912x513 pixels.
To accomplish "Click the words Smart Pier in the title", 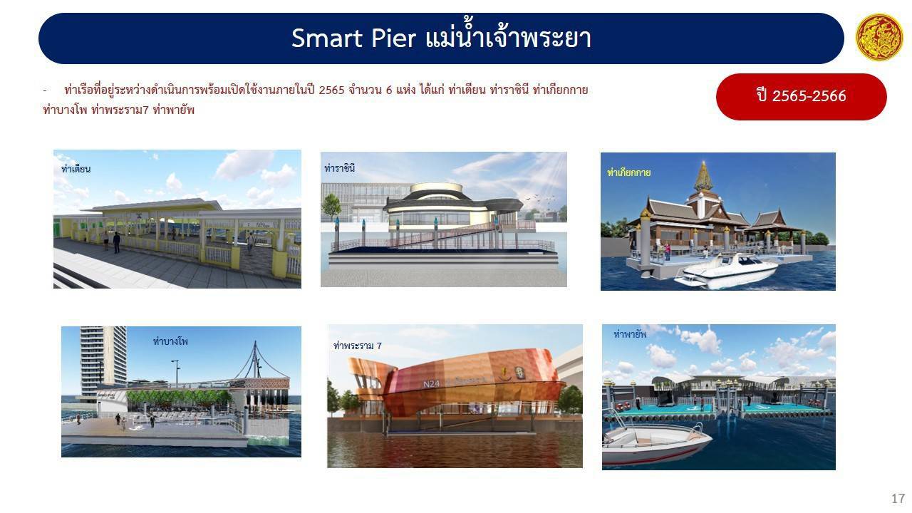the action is (353, 38).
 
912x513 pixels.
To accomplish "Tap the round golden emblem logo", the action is (879, 37).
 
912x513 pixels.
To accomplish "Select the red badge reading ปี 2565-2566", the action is (802, 96).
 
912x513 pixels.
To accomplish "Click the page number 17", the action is (898, 498).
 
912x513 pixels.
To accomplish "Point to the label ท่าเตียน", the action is (76, 169).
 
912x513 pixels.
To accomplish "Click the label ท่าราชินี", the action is (340, 167).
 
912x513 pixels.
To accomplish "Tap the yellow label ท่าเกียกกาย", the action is (628, 172).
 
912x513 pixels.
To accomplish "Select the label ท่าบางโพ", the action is (170, 341).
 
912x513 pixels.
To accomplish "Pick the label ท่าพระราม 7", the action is (358, 346).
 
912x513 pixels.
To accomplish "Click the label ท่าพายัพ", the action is (630, 334).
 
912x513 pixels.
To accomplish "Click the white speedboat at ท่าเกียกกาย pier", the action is (727, 271).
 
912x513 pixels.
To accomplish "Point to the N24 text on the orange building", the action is (431, 383).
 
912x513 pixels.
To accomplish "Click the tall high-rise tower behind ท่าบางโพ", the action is (103, 360).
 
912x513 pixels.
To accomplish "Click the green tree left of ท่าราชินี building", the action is (331, 207).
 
